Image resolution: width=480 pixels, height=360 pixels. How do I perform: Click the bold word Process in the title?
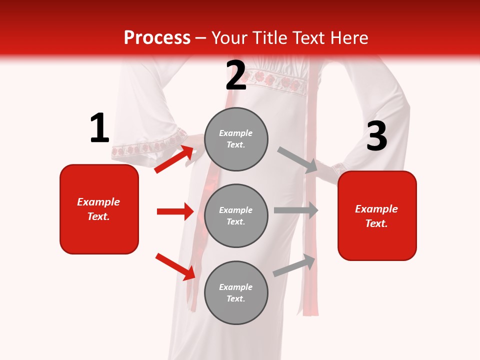point(157,38)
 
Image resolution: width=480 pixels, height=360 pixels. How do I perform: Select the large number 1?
point(99,128)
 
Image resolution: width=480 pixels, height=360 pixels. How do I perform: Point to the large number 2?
point(236,75)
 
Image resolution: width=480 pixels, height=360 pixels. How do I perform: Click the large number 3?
point(376,137)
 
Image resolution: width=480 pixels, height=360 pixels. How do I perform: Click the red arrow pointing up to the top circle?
point(174,159)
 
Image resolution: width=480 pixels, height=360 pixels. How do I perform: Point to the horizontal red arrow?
point(175,211)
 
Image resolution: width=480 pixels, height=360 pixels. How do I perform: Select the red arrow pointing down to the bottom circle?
point(175,266)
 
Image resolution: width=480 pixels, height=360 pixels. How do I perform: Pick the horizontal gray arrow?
point(296,210)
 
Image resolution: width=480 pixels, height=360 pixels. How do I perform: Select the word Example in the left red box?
point(98,202)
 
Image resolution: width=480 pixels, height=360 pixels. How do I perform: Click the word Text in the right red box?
point(375,223)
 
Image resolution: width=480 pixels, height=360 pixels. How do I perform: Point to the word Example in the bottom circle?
point(235,287)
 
